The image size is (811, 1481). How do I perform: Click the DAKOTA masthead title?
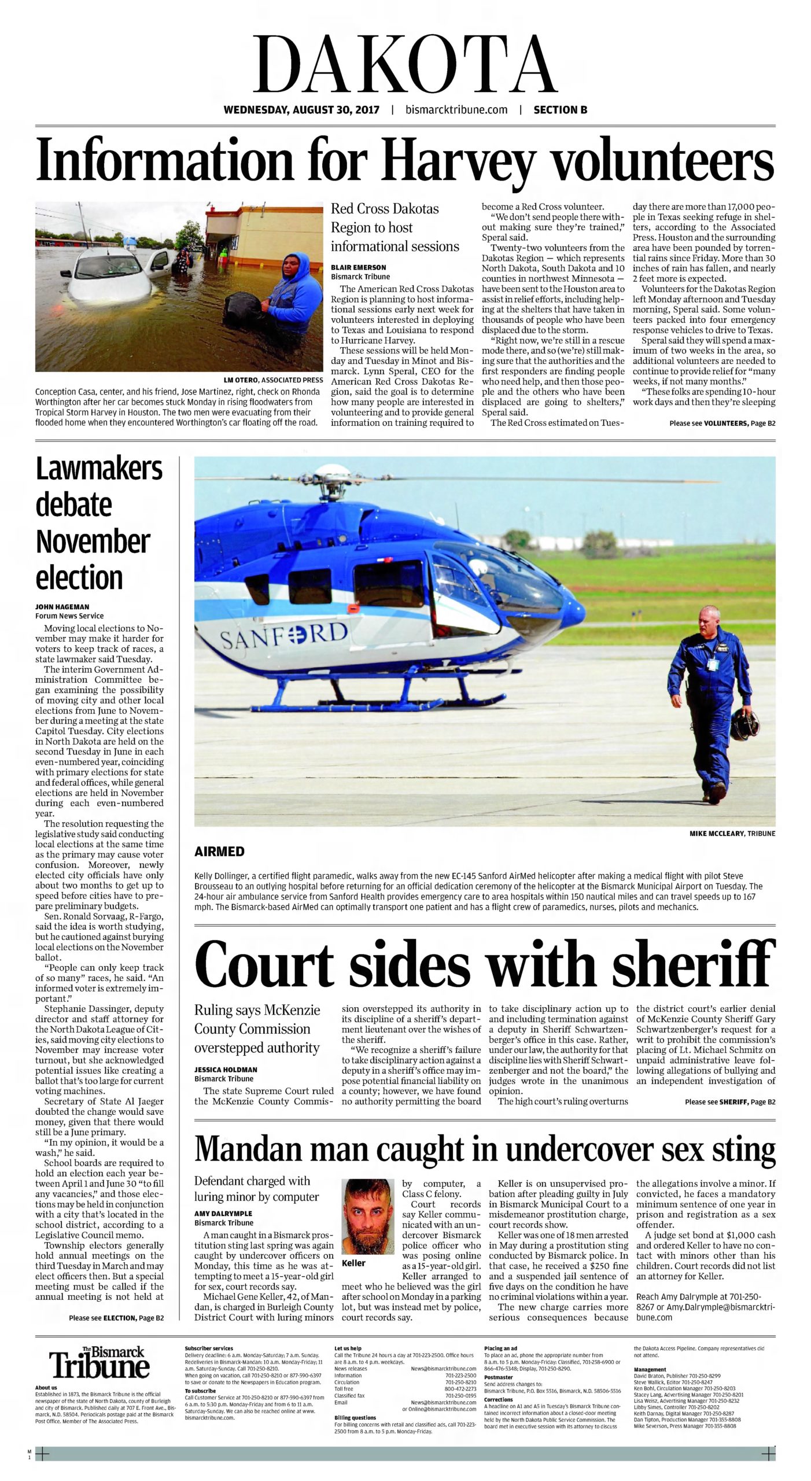[x=405, y=64]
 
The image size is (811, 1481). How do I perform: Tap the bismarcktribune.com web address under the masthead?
[x=456, y=110]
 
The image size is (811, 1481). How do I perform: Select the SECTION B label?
[x=556, y=110]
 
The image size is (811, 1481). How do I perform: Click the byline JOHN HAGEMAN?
[x=62, y=607]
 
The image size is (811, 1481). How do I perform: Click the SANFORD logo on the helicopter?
[x=283, y=635]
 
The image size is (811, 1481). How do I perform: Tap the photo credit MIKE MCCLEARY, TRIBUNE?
[x=732, y=834]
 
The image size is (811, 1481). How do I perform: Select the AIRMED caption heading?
[x=219, y=852]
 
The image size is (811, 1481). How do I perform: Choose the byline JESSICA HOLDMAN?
[x=226, y=1070]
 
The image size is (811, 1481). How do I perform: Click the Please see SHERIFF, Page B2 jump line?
[x=729, y=1102]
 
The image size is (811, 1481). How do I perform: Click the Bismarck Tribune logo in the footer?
[x=99, y=1362]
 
